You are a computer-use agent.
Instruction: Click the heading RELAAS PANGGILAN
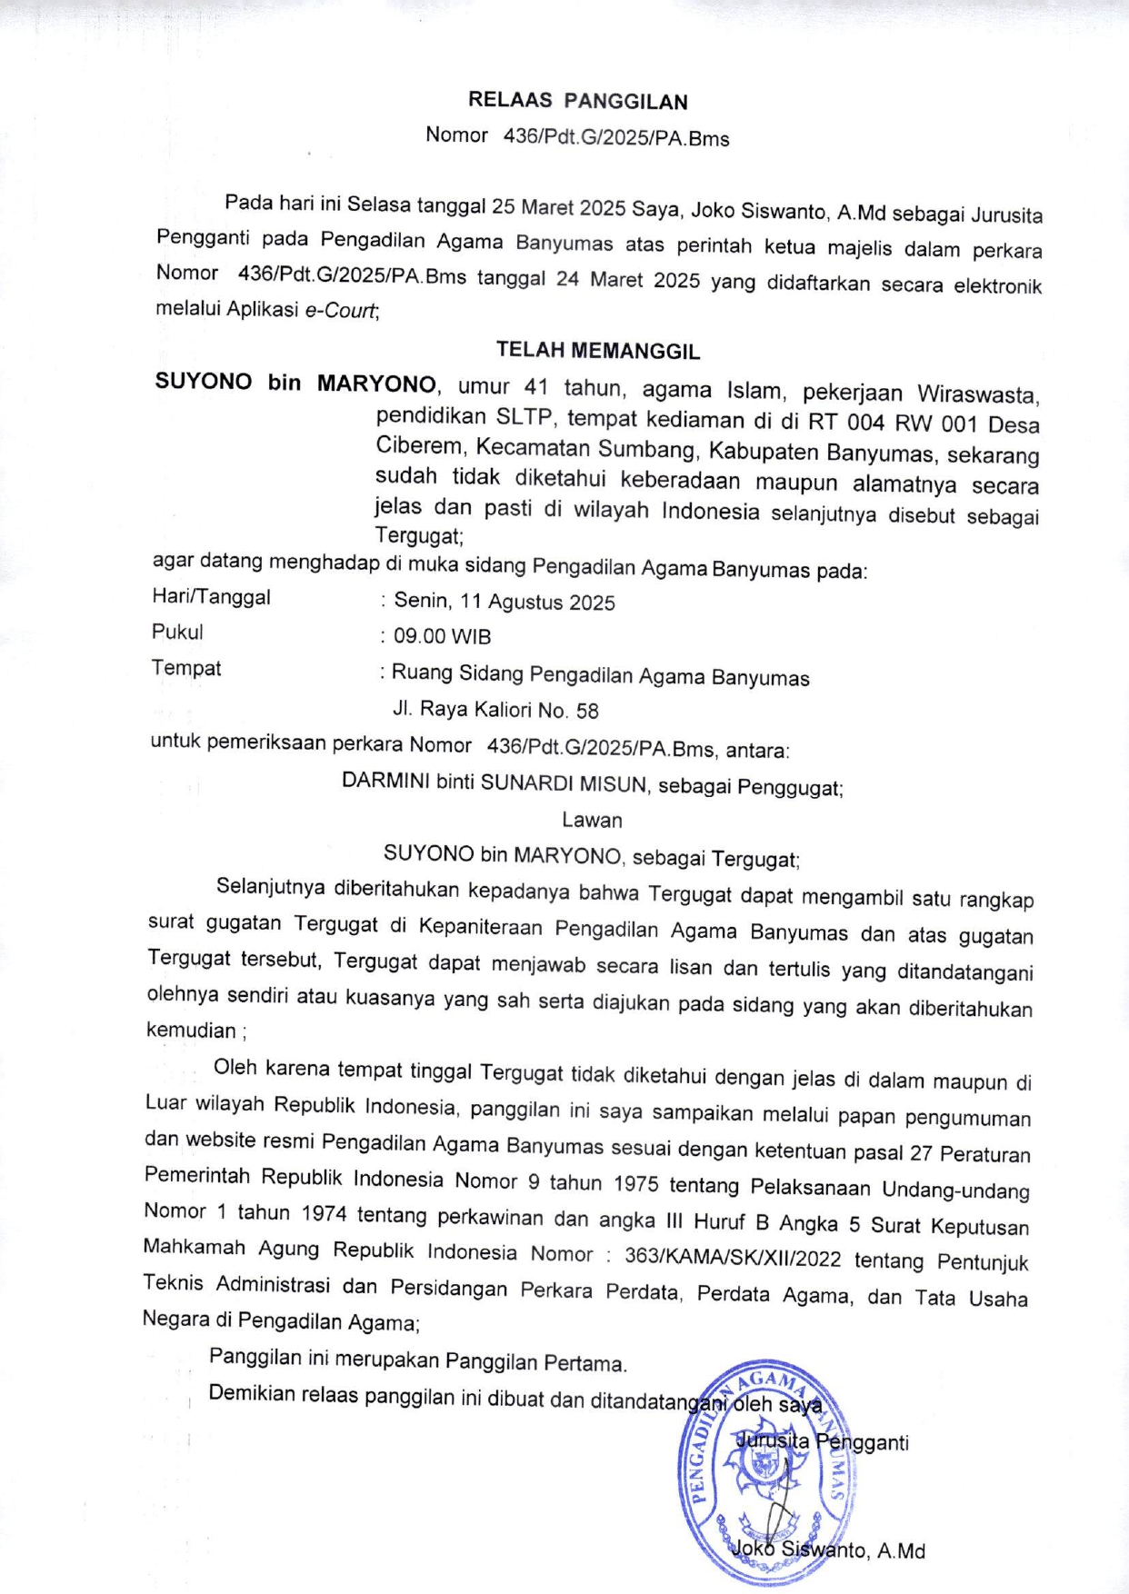pyautogui.click(x=577, y=101)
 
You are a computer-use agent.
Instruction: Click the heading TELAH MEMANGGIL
pyautogui.click(x=597, y=351)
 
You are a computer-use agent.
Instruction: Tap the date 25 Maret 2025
pyautogui.click(x=558, y=207)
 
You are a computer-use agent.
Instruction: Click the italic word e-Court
pyautogui.click(x=340, y=310)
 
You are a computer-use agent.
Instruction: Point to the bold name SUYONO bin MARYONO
pyautogui.click(x=295, y=383)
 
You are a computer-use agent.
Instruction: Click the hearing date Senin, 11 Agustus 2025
pyautogui.click(x=505, y=602)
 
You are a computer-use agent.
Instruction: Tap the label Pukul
pyautogui.click(x=177, y=632)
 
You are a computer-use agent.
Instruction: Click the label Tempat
pyautogui.click(x=186, y=668)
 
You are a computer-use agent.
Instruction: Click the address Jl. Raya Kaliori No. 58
pyautogui.click(x=495, y=710)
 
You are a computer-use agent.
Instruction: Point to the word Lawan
pyautogui.click(x=592, y=820)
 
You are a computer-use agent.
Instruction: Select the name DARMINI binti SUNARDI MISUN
pyautogui.click(x=495, y=782)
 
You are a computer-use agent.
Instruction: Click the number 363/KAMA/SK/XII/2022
pyautogui.click(x=733, y=1258)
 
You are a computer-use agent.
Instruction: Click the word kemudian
pyautogui.click(x=191, y=1030)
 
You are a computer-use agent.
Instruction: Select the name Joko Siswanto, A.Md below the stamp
pyautogui.click(x=828, y=1549)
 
